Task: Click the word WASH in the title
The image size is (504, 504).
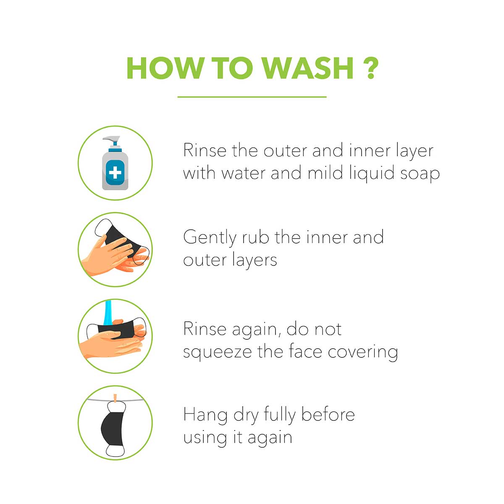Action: click(x=308, y=68)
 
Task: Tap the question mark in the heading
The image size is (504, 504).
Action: click(x=370, y=68)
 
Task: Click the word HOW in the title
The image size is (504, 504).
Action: click(x=166, y=68)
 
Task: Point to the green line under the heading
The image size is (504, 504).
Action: click(x=252, y=97)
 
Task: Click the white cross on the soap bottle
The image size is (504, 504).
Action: click(x=115, y=173)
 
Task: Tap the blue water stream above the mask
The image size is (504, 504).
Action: click(x=108, y=314)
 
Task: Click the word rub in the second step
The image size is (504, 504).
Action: click(x=255, y=237)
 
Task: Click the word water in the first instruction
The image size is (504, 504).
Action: click(x=244, y=174)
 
